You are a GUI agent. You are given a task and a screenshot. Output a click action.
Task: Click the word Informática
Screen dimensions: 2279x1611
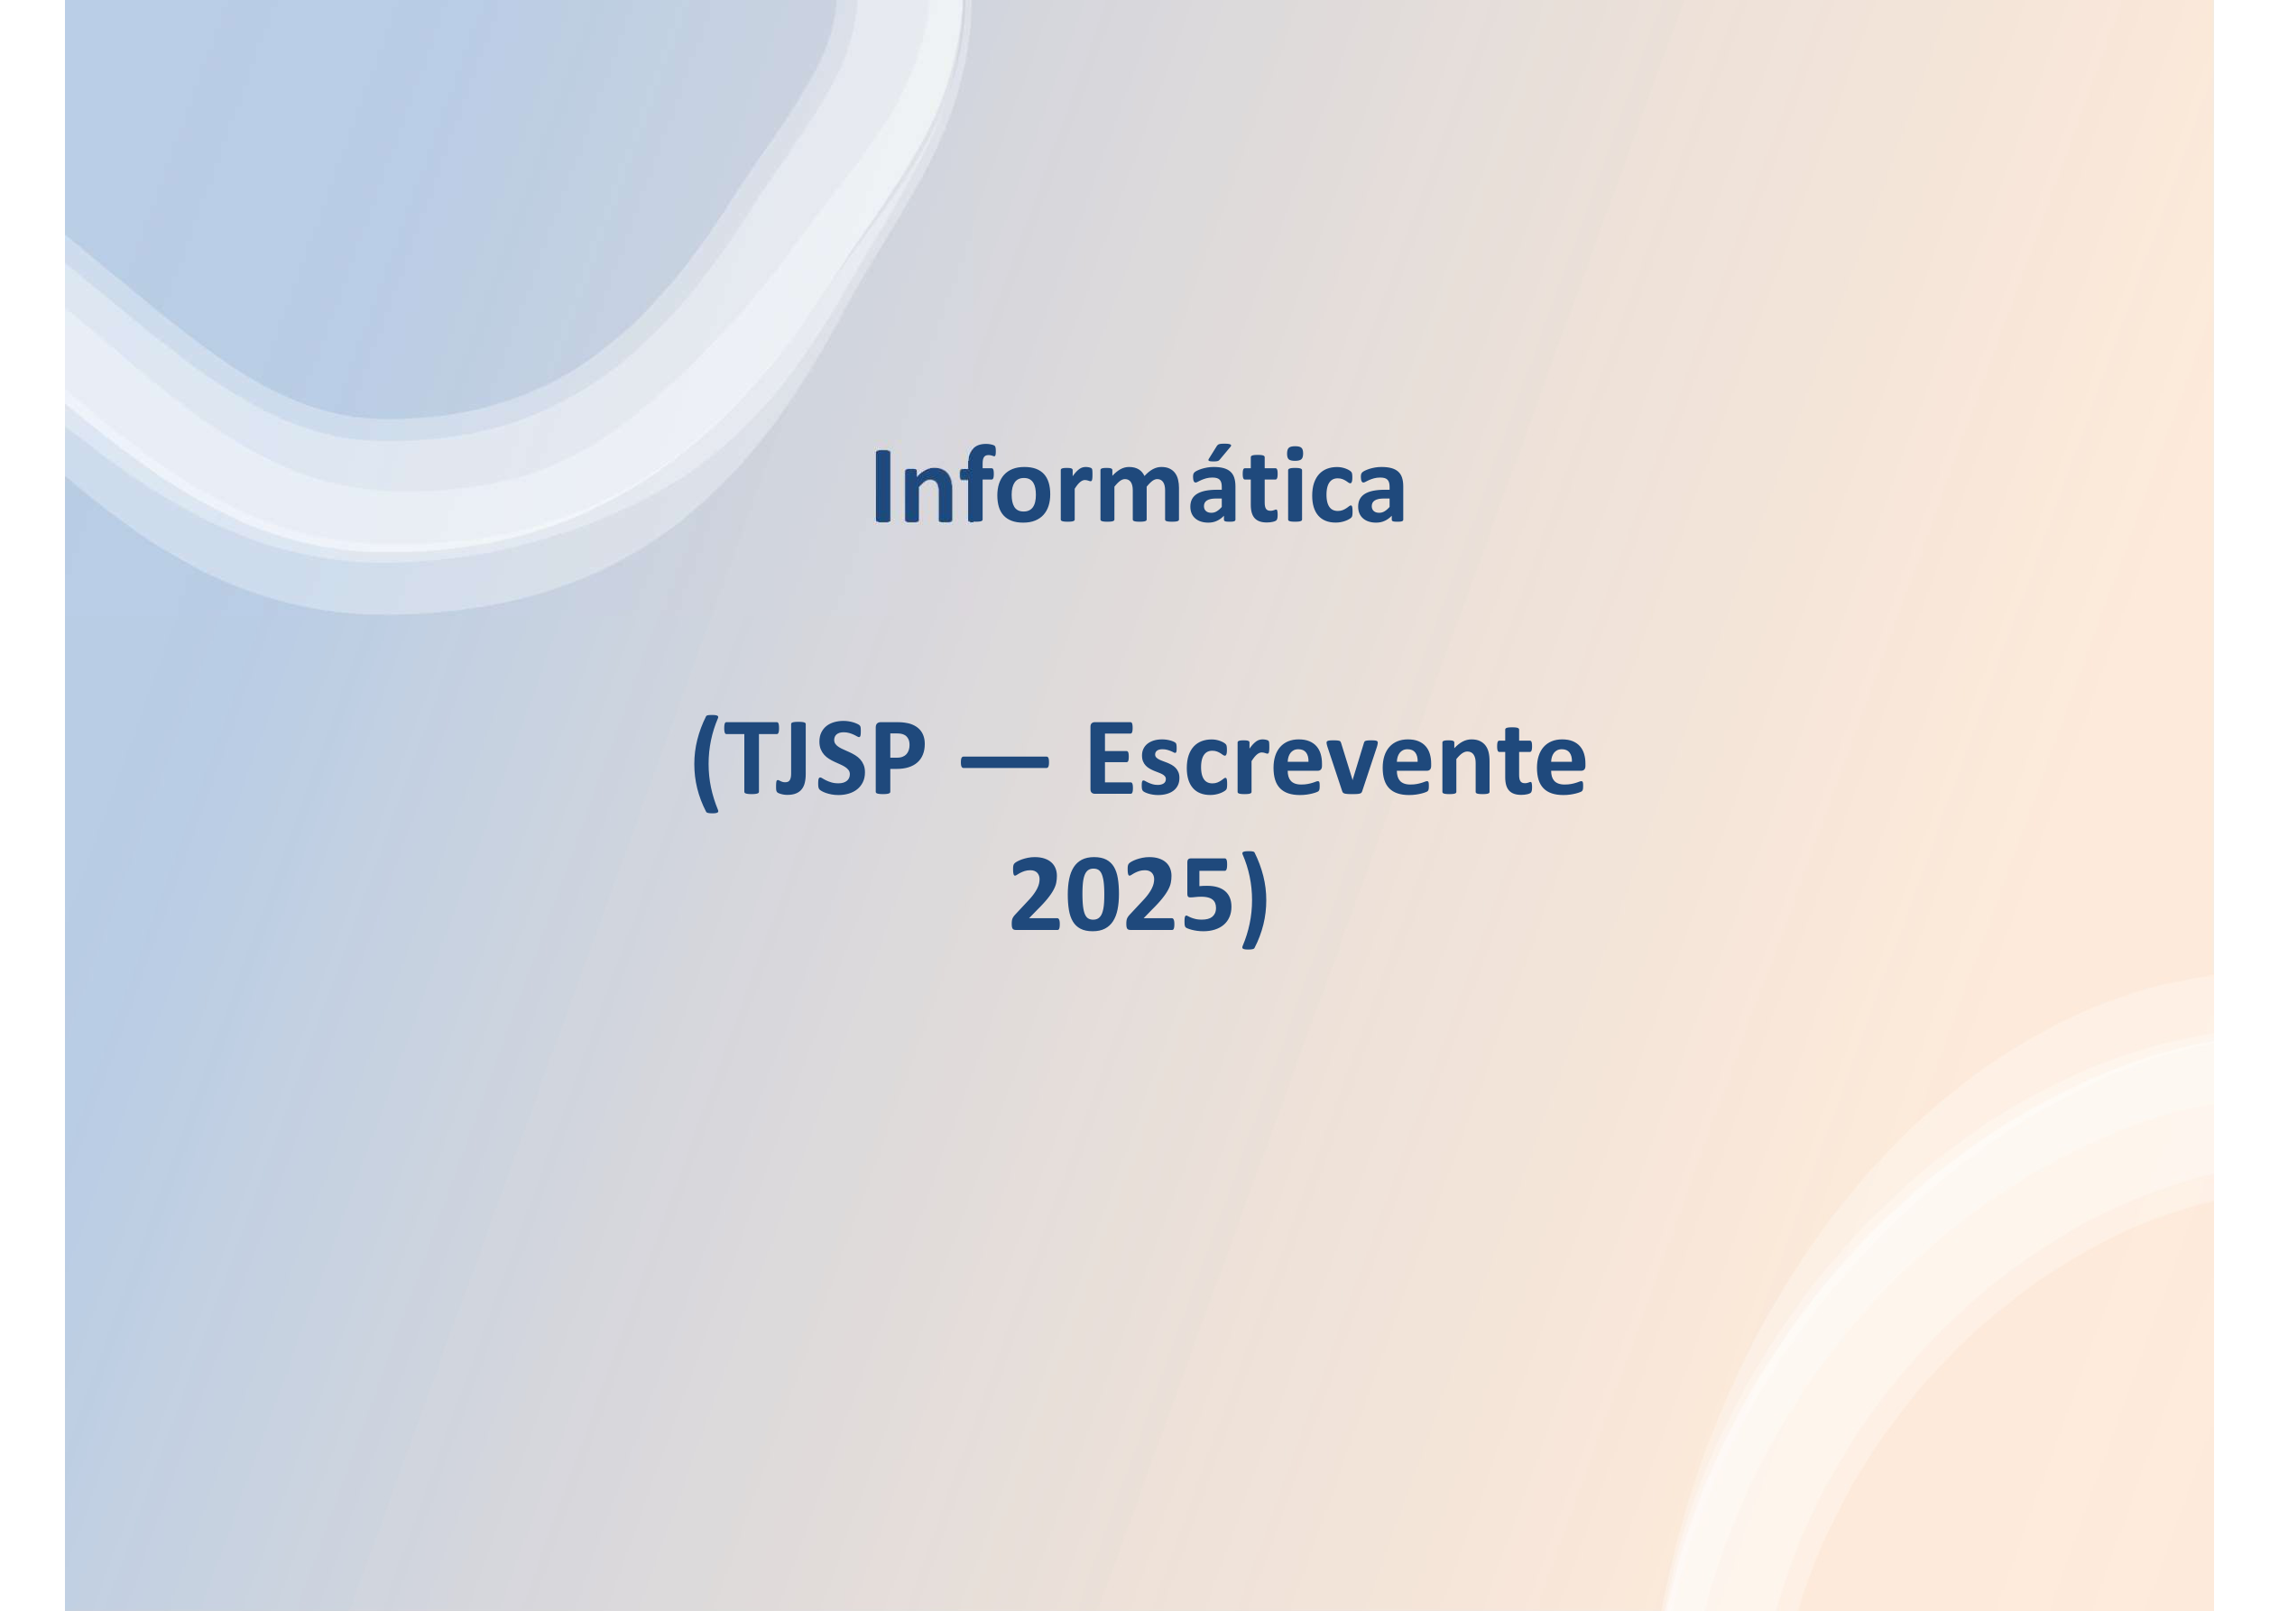coord(1139,483)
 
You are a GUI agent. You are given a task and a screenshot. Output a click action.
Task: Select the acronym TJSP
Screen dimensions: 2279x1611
coord(825,759)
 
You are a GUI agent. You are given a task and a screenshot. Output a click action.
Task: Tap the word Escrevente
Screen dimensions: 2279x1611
coord(1337,759)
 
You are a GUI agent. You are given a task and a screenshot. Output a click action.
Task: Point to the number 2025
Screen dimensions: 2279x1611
coord(1121,893)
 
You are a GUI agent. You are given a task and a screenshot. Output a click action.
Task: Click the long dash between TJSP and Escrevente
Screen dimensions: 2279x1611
coord(1004,762)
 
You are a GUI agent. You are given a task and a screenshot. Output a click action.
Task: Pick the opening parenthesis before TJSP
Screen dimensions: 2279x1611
coord(706,763)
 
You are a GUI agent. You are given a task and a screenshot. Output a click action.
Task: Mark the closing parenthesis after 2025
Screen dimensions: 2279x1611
coord(1255,899)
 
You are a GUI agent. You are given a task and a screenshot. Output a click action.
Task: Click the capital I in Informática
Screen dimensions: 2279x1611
coord(882,486)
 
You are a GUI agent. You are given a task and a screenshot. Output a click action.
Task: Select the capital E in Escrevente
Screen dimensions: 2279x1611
coord(1112,759)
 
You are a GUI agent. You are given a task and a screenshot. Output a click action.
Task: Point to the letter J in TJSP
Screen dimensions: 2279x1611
coord(791,759)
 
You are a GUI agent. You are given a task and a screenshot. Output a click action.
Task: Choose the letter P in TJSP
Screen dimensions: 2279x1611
coord(900,759)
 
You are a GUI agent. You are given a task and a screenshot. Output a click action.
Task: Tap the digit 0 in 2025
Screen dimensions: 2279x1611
coord(1093,893)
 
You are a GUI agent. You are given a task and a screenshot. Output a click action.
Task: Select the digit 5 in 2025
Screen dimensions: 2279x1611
coord(1208,894)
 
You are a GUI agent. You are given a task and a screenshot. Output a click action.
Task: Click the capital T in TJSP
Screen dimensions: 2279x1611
coord(752,759)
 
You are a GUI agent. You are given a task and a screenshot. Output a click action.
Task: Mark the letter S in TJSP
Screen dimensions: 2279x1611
coord(841,759)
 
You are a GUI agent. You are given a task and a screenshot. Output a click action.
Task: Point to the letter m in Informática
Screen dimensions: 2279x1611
coord(1139,493)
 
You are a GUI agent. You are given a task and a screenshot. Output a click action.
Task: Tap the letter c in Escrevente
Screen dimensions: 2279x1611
coord(1208,769)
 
